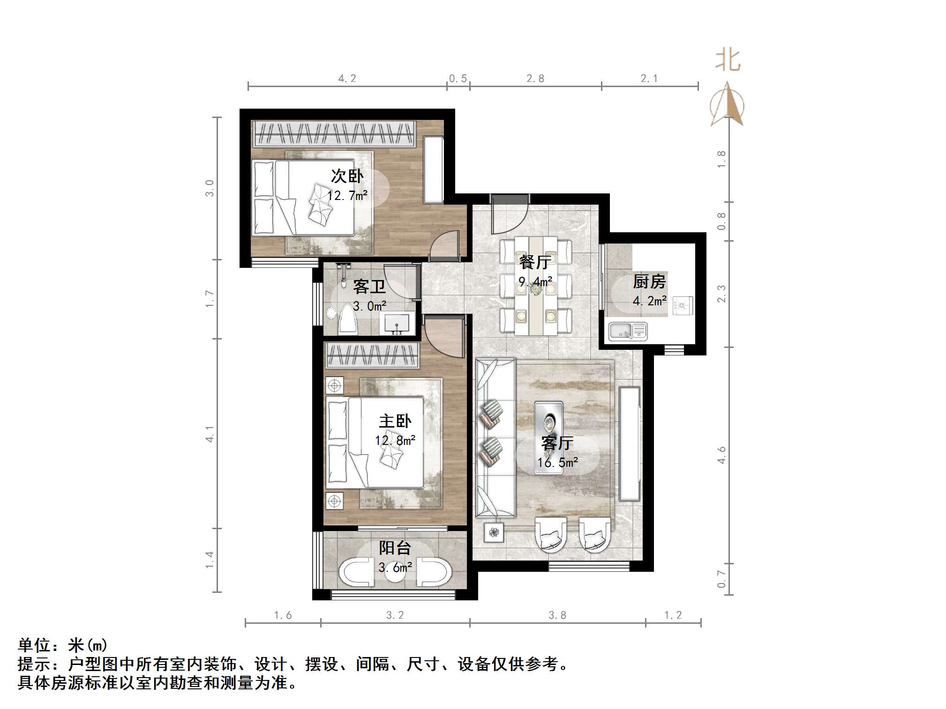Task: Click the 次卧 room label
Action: [x=347, y=176]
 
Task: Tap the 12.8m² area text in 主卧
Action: [x=395, y=441]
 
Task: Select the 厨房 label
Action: [x=649, y=281]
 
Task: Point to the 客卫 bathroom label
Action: [x=369, y=286]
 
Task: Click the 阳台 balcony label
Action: [x=395, y=547]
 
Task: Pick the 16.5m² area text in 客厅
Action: [x=557, y=463]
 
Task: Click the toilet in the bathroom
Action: [x=348, y=319]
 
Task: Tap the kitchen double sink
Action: [x=628, y=332]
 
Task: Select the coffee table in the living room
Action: [x=549, y=437]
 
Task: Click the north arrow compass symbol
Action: [x=727, y=104]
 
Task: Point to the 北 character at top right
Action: [x=728, y=60]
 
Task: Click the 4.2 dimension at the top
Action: [x=347, y=79]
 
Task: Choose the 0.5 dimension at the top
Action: [x=458, y=79]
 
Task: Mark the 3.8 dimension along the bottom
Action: [x=557, y=615]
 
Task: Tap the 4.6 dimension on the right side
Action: [x=721, y=455]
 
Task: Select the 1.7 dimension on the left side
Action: [x=210, y=299]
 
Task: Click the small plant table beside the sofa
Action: [x=494, y=532]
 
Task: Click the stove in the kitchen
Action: [x=682, y=305]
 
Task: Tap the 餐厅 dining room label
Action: [x=534, y=262]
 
